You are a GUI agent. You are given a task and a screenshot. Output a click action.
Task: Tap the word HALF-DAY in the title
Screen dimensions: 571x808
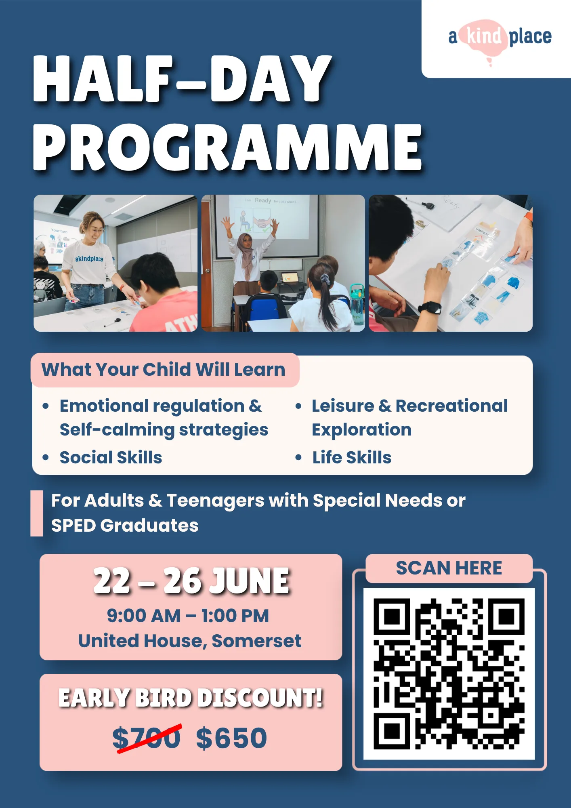182,78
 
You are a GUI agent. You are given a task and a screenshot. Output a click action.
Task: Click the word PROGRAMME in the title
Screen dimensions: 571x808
228,147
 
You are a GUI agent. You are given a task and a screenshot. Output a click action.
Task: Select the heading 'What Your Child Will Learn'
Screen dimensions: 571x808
164,370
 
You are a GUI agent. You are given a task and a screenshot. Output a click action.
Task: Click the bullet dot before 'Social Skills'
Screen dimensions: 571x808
46,457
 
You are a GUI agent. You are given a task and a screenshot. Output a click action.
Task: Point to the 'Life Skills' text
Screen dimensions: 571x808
352,457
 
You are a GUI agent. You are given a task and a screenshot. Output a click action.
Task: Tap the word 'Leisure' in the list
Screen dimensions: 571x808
343,406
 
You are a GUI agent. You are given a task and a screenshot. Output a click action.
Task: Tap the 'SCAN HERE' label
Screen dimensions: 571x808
449,568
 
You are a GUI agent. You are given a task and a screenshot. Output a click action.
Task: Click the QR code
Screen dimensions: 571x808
449,674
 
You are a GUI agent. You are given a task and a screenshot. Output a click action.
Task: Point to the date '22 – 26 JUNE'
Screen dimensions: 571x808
191,581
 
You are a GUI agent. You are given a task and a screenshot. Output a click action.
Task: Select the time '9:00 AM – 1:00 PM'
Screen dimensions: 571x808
188,616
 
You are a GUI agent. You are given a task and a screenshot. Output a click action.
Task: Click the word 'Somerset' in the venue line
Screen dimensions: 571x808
256,641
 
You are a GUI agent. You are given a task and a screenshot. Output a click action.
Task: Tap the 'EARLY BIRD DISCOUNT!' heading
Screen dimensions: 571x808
191,698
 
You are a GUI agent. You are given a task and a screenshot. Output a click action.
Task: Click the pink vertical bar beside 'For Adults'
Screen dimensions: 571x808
37,513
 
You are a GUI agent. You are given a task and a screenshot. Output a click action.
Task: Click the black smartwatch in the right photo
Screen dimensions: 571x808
430,308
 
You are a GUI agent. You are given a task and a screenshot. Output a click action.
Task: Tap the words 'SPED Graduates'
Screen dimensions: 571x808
125,526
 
